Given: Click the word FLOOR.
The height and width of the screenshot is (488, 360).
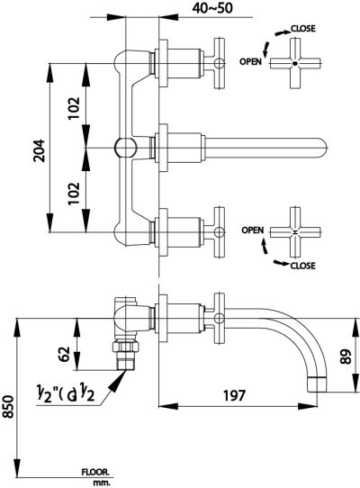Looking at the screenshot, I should pyautogui.click(x=96, y=470).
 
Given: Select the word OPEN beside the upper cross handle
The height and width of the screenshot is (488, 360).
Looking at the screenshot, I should pyautogui.click(x=251, y=61).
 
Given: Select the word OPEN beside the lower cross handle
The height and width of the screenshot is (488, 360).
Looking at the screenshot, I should pyautogui.click(x=251, y=230).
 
